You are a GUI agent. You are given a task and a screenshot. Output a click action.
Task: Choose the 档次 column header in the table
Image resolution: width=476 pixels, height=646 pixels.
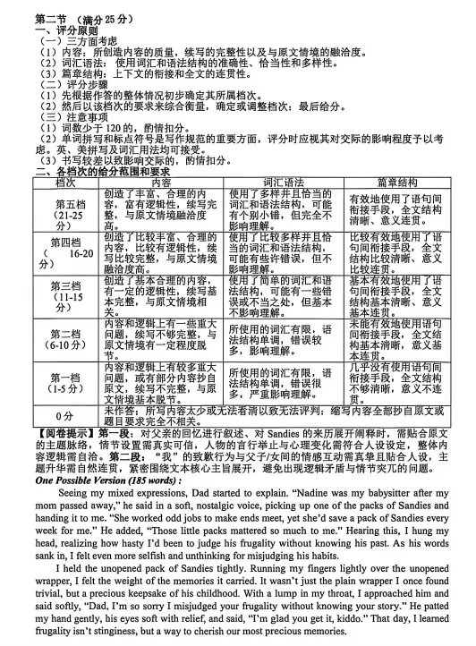coord(66,182)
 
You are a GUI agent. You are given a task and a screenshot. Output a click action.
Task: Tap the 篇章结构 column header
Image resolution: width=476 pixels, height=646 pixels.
coord(395,182)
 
